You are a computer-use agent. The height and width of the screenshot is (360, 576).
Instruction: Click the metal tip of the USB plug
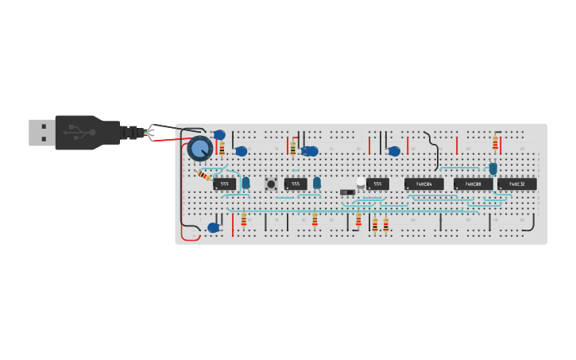[x=41, y=133]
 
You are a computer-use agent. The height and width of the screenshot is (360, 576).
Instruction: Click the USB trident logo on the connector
[x=78, y=132]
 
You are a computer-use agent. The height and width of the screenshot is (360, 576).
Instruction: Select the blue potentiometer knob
[x=199, y=148]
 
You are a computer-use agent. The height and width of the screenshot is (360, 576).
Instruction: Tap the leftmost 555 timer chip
[x=224, y=184]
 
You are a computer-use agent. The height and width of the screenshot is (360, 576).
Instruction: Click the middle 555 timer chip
[x=295, y=184]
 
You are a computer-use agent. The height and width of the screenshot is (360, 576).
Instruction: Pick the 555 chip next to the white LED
[x=377, y=184]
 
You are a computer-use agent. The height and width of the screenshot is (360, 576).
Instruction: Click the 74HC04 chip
[x=423, y=184]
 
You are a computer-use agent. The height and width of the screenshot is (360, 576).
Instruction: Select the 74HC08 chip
[x=473, y=184]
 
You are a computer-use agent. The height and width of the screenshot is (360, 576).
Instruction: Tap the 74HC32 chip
[x=516, y=184]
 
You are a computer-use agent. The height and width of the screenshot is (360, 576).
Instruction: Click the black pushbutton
[x=271, y=184]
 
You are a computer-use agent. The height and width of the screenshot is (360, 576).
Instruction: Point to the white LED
[x=361, y=182]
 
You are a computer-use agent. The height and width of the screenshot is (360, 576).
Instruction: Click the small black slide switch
[x=347, y=192]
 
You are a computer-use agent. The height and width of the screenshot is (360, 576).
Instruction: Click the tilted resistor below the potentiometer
[x=203, y=176]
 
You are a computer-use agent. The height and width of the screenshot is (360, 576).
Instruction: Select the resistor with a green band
[x=292, y=148]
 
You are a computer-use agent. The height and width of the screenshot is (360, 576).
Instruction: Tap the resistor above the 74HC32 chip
[x=495, y=143]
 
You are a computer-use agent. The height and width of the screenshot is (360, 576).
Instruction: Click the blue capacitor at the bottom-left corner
[x=213, y=228]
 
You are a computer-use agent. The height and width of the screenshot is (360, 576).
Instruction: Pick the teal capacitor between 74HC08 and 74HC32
[x=493, y=168]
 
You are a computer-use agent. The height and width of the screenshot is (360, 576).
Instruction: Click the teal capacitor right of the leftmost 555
[x=245, y=183]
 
